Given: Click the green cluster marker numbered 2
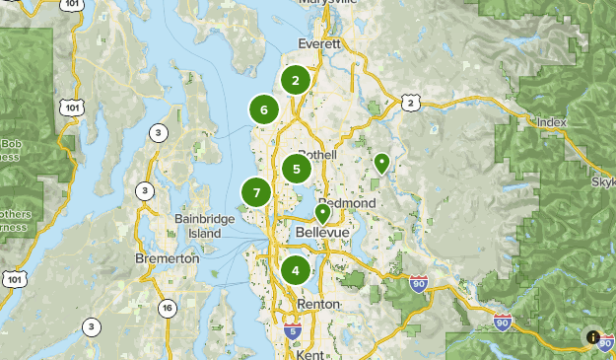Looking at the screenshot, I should point(295,81).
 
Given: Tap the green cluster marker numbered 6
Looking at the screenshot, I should point(263,109).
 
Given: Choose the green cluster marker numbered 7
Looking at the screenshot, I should point(256,192).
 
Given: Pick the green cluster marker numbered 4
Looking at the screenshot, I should point(296,269).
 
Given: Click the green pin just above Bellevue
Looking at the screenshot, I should point(322,213).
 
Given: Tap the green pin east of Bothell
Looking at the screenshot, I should point(381,163).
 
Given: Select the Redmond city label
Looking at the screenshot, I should point(346,202).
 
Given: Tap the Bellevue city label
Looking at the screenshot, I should point(323,233).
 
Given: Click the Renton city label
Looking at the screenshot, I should point(319,304).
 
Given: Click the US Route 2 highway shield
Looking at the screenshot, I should point(410,102).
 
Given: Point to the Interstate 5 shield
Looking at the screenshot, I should point(292,328).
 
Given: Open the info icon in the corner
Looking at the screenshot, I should point(593,337).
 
